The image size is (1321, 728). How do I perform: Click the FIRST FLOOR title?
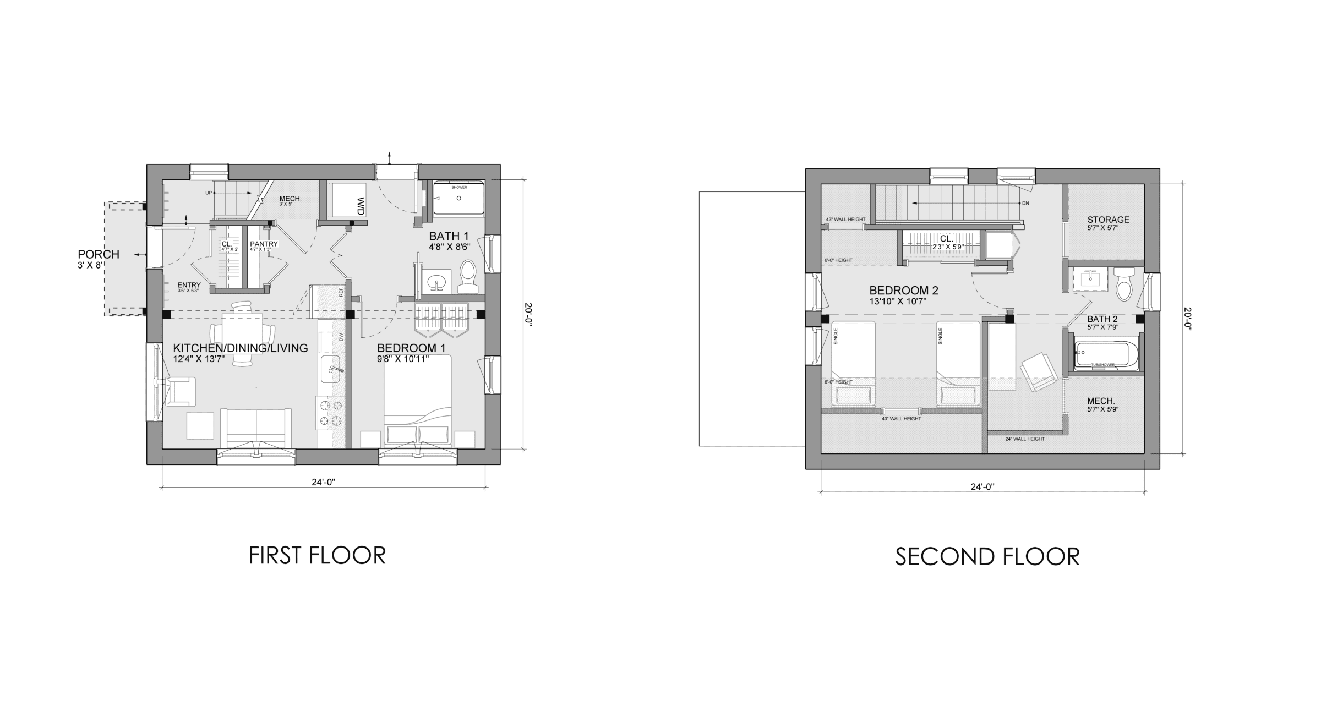point(317,556)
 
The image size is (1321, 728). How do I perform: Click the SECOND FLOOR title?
point(987,557)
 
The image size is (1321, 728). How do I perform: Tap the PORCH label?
point(99,254)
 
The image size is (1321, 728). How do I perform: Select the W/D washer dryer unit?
point(348,200)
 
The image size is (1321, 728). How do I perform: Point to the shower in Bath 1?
point(458,199)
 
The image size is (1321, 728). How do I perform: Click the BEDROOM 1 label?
point(411,348)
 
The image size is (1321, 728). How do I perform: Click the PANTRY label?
point(264,244)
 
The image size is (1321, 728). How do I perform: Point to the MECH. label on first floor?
point(290,199)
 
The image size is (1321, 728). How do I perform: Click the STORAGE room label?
point(1108,220)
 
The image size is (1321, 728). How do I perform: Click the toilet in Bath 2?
point(1122,283)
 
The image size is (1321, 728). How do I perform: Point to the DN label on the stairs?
point(1025,203)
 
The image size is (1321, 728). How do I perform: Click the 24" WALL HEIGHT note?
point(1024,439)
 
